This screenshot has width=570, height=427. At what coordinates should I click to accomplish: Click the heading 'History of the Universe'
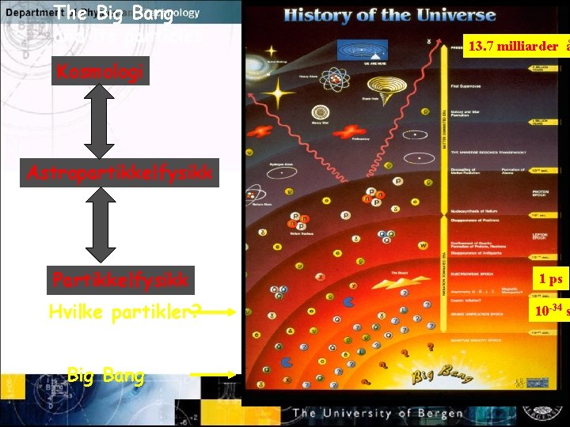389,14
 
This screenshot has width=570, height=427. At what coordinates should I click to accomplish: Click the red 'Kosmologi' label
99,73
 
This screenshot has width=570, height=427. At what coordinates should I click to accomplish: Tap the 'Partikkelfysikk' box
120,279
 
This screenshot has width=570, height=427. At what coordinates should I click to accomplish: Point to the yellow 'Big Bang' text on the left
106,376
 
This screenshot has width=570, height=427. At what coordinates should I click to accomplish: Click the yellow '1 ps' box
549,278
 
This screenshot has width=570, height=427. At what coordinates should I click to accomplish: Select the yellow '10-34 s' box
549,311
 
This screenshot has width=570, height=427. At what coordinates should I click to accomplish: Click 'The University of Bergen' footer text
378,413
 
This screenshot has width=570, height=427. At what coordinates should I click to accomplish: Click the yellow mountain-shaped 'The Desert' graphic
391,282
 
